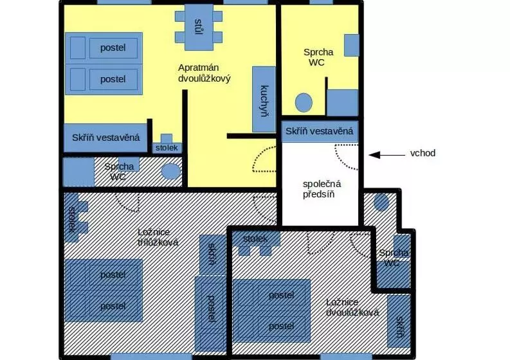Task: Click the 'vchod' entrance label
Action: tap(423, 153)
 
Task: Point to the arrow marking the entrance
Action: tap(387, 155)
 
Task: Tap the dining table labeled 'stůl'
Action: tap(199, 27)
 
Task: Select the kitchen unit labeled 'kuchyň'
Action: tap(264, 100)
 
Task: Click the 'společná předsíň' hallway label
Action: tap(322, 189)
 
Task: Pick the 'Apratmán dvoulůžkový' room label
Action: tap(205, 73)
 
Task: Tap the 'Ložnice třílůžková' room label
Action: tap(158, 237)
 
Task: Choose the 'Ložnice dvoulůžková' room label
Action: tap(352, 308)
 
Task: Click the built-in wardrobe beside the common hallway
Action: tap(320, 131)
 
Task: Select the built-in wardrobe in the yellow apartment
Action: tap(105, 138)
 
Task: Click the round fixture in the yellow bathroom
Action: tap(304, 103)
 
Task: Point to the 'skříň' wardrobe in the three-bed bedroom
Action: tap(212, 255)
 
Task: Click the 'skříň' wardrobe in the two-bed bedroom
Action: tap(399, 321)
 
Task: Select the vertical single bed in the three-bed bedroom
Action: tap(211, 314)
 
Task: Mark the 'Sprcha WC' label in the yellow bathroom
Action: tap(318, 57)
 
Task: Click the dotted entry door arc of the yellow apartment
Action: tap(264, 159)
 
